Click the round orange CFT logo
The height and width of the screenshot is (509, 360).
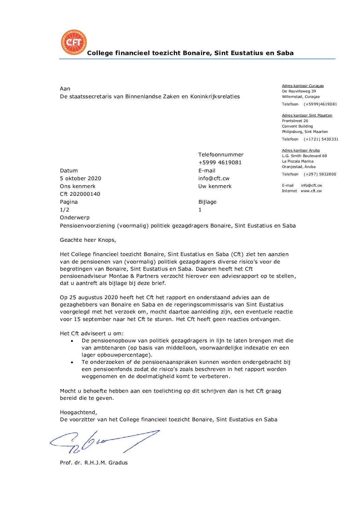74,43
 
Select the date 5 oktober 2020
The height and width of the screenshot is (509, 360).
80,179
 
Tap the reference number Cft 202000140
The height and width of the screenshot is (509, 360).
80,194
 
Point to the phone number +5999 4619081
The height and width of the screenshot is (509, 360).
220,163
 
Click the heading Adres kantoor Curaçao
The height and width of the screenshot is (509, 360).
302,86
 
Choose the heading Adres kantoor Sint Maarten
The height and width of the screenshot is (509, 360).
307,116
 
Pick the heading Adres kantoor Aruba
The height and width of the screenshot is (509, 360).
300,151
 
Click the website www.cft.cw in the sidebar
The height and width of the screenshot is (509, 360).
311,191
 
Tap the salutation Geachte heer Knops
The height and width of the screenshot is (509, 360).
88,240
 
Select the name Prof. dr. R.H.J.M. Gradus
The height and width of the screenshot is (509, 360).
94,463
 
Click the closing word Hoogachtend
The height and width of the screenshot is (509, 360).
78,412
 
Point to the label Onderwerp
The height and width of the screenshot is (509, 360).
75,218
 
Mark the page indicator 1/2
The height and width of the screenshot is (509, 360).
64,210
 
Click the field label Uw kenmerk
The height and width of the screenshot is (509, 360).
215,186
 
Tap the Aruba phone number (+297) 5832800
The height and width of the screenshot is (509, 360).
320,174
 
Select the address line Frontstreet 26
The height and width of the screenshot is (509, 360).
295,121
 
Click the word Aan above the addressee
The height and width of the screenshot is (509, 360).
65,89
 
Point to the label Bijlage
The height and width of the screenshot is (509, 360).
207,202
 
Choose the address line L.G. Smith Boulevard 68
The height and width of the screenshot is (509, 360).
304,156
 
